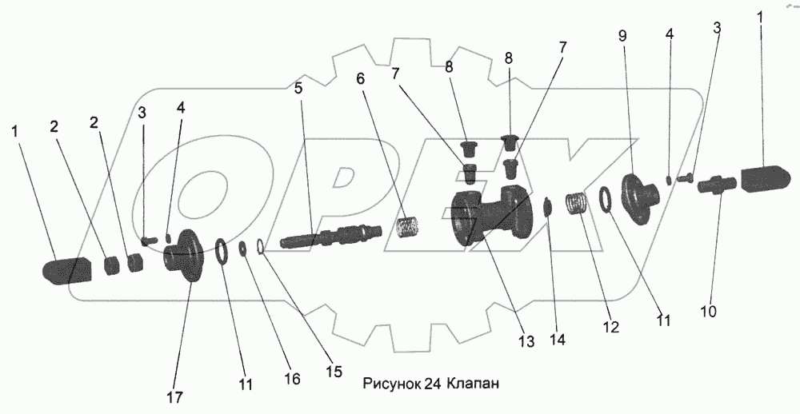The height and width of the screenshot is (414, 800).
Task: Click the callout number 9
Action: [x=622, y=35]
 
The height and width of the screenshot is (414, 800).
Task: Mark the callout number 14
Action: [x=558, y=339]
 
